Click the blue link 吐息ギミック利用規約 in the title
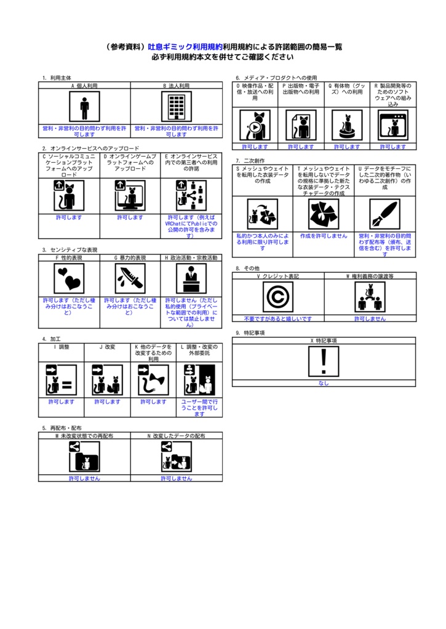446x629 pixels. [x=185, y=47]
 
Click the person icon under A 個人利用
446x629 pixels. [x=84, y=106]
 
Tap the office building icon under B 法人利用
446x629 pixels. [x=177, y=106]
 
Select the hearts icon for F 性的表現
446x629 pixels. [x=69, y=278]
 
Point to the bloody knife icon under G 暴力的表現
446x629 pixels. [x=130, y=278]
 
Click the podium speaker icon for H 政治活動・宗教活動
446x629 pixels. [x=191, y=278]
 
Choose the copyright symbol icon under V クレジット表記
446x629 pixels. [x=278, y=297]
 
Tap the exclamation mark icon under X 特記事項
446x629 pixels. [x=324, y=361]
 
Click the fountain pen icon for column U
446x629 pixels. [x=384, y=214]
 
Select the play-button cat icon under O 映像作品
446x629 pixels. [x=255, y=126]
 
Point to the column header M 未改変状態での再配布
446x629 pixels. [x=84, y=436]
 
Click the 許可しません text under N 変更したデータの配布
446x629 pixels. [x=177, y=478]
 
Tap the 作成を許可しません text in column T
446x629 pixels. [x=324, y=236]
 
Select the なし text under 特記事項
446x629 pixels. [x=324, y=383]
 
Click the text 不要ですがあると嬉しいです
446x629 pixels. [x=278, y=319]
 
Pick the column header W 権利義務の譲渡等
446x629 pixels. [x=370, y=276]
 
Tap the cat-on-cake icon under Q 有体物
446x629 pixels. [x=347, y=126]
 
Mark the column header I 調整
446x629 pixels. [x=62, y=346]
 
